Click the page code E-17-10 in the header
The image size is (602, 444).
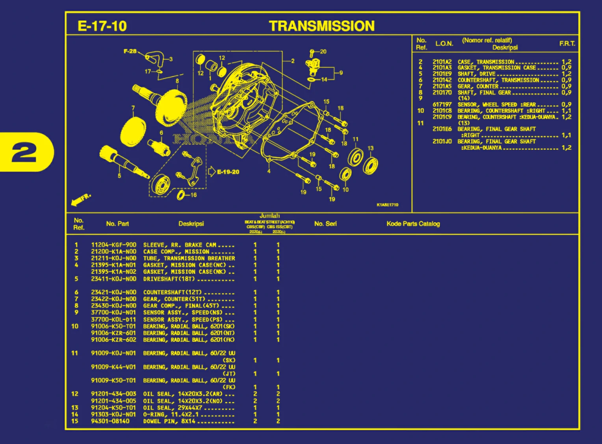coord(102,26)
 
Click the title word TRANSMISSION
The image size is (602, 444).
coord(321,26)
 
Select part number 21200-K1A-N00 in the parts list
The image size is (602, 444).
coord(113,251)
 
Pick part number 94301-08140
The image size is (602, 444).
coord(110,421)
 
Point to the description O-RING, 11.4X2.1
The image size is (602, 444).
coord(171,414)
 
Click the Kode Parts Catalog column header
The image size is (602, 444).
coord(413,224)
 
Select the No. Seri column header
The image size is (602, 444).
coord(325,224)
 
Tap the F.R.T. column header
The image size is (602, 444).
coord(567,44)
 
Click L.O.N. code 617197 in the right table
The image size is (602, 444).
coord(442,104)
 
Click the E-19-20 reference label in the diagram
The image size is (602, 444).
coord(228,172)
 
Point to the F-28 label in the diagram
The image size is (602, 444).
coord(130,51)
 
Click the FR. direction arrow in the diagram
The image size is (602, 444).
coord(81,199)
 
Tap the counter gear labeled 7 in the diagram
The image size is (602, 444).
coord(133,132)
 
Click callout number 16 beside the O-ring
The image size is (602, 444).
coord(193,195)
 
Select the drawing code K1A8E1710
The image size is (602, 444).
coord(387,205)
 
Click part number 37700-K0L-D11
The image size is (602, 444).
coord(113,320)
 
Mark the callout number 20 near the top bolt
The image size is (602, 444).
coord(323,52)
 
